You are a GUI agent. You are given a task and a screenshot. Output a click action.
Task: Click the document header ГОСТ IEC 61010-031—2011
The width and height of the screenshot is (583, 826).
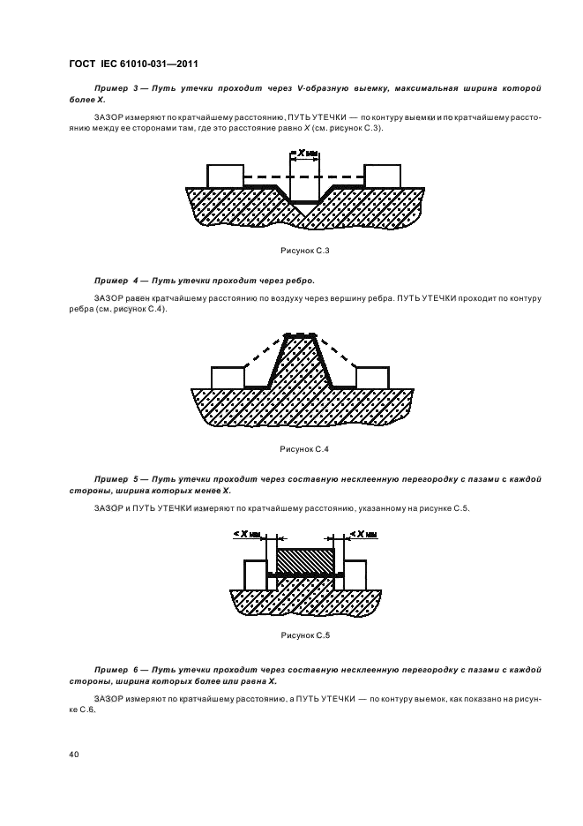133,64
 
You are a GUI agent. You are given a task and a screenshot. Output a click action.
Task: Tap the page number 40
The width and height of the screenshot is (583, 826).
74,755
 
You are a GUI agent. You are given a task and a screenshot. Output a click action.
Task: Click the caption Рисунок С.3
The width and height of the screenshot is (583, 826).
305,251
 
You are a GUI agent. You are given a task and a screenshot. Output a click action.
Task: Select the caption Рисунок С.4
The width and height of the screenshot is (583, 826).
304,449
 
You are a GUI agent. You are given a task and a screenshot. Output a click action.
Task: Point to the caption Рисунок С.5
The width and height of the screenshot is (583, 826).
305,635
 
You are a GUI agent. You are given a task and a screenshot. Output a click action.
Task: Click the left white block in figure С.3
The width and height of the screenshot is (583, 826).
226,176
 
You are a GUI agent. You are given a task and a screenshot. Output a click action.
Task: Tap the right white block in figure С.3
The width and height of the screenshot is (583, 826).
383,176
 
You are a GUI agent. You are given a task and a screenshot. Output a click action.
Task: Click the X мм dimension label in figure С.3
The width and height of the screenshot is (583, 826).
305,154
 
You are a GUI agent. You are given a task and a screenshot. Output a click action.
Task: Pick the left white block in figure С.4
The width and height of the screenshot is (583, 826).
228,378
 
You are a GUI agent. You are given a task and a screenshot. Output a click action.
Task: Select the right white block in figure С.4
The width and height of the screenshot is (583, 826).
373,378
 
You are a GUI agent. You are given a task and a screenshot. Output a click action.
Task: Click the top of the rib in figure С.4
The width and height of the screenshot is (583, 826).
300,335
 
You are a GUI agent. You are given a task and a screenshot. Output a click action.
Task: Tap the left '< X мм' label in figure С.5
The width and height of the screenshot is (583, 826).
247,534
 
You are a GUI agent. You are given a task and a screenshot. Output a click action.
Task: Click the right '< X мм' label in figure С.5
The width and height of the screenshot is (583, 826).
364,534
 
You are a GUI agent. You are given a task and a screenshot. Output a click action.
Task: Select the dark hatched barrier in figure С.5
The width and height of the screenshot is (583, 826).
305,561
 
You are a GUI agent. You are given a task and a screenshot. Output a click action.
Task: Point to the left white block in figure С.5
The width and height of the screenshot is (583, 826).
255,575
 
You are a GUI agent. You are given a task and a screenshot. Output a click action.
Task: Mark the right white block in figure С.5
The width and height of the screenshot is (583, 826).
355,575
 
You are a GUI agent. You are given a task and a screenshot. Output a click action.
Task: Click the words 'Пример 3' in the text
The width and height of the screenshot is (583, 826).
116,88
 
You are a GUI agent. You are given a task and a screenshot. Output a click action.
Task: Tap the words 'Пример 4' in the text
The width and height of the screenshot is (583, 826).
116,281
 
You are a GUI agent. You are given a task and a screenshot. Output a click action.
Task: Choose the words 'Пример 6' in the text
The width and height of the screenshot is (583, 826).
116,670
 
